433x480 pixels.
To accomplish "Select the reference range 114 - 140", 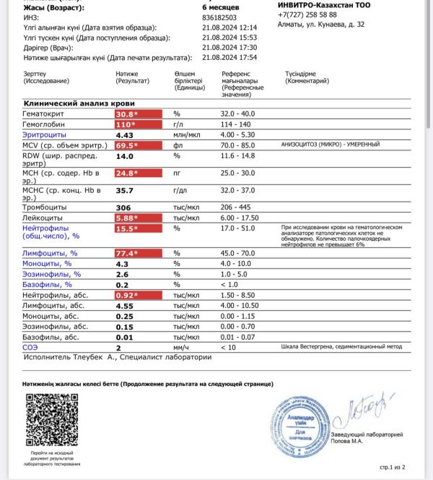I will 237,124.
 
